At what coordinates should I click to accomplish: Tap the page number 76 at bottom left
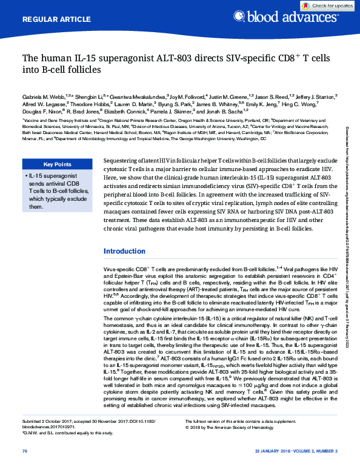pos(25,468)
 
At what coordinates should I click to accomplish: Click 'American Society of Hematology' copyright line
pos(255,444)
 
